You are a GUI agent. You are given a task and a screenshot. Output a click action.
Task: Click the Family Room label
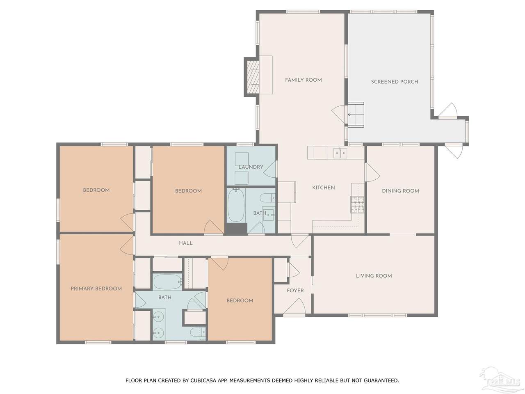[303, 80]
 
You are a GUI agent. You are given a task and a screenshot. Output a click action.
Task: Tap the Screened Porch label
[395, 82]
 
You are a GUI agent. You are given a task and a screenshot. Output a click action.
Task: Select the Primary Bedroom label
[96, 289]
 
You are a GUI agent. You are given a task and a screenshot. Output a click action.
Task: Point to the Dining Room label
[400, 191]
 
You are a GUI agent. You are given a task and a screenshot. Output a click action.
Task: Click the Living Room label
[374, 276]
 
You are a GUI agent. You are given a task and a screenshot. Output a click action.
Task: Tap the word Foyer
[295, 291]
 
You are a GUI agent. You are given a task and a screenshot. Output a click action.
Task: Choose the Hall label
[186, 243]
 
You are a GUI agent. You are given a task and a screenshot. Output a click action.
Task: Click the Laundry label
[251, 167]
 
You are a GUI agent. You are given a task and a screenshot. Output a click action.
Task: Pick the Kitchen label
[323, 188]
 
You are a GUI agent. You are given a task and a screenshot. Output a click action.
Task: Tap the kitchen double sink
[340, 153]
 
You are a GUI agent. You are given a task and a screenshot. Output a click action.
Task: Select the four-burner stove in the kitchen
[357, 204]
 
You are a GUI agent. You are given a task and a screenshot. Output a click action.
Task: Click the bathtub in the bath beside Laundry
[236, 205]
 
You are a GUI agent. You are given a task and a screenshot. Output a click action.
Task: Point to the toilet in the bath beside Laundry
[267, 198]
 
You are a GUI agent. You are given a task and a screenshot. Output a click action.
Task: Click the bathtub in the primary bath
[168, 282]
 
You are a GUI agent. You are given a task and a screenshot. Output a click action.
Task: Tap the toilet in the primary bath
[198, 332]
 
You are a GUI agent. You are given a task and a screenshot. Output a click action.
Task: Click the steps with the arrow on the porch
[356, 115]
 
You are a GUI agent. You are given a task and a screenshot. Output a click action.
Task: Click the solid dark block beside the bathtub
[236, 229]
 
